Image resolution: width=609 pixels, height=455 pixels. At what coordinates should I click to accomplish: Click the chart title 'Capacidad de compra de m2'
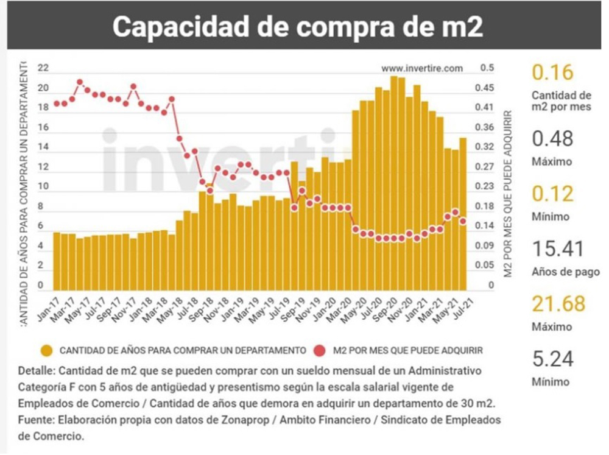tap(298, 26)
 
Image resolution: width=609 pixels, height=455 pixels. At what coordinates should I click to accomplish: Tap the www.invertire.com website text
tap(422, 68)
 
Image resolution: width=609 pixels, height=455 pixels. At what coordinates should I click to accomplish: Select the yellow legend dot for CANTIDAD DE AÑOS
tap(46, 350)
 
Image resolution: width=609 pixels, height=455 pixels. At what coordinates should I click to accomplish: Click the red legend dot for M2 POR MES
tap(321, 350)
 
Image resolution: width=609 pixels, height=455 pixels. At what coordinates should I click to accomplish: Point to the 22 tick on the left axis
tap(43, 68)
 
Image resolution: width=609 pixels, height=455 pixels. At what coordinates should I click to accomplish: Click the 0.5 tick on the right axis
tap(487, 68)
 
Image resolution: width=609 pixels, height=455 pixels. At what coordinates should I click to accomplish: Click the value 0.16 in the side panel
tap(552, 72)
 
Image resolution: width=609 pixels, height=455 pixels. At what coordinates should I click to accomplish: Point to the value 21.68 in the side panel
tap(558, 303)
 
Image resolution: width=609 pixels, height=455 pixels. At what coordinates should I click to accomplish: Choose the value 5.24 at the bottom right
tap(553, 359)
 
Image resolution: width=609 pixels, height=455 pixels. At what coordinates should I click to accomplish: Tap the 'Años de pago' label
tap(565, 272)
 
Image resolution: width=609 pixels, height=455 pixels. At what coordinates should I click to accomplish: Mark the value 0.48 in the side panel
tap(552, 139)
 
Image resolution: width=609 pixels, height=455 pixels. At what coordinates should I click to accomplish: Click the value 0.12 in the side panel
tap(552, 194)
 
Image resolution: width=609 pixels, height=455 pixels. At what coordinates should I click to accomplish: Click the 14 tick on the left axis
tap(43, 147)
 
